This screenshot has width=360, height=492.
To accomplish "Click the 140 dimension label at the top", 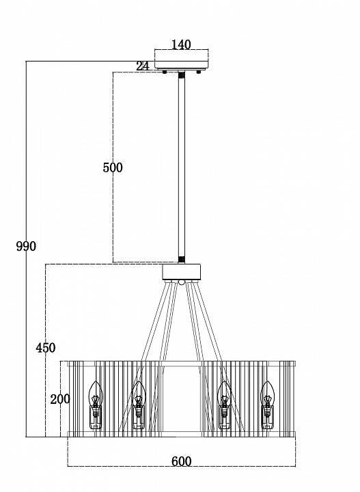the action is click(x=181, y=45).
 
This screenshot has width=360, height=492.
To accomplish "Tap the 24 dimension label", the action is click(x=143, y=66).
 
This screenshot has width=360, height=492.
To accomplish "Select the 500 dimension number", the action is click(x=113, y=167).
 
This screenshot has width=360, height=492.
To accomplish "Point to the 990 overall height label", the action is click(x=26, y=246).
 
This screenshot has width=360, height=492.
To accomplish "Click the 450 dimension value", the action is click(x=46, y=348).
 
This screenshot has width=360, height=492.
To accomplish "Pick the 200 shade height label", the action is click(x=60, y=400).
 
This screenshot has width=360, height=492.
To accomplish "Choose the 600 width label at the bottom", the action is click(x=181, y=461).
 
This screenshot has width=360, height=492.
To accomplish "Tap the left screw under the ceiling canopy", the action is click(x=165, y=72).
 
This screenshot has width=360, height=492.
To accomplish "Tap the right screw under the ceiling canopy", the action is click(x=198, y=72).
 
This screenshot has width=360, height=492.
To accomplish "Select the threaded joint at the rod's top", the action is click(x=182, y=75).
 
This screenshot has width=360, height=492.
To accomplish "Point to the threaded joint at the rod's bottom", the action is click(x=182, y=260).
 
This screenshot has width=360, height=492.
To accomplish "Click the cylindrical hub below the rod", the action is click(x=181, y=272).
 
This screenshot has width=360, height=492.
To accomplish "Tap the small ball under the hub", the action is click(x=181, y=282).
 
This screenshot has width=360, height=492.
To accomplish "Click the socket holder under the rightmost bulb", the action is click(x=267, y=418).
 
